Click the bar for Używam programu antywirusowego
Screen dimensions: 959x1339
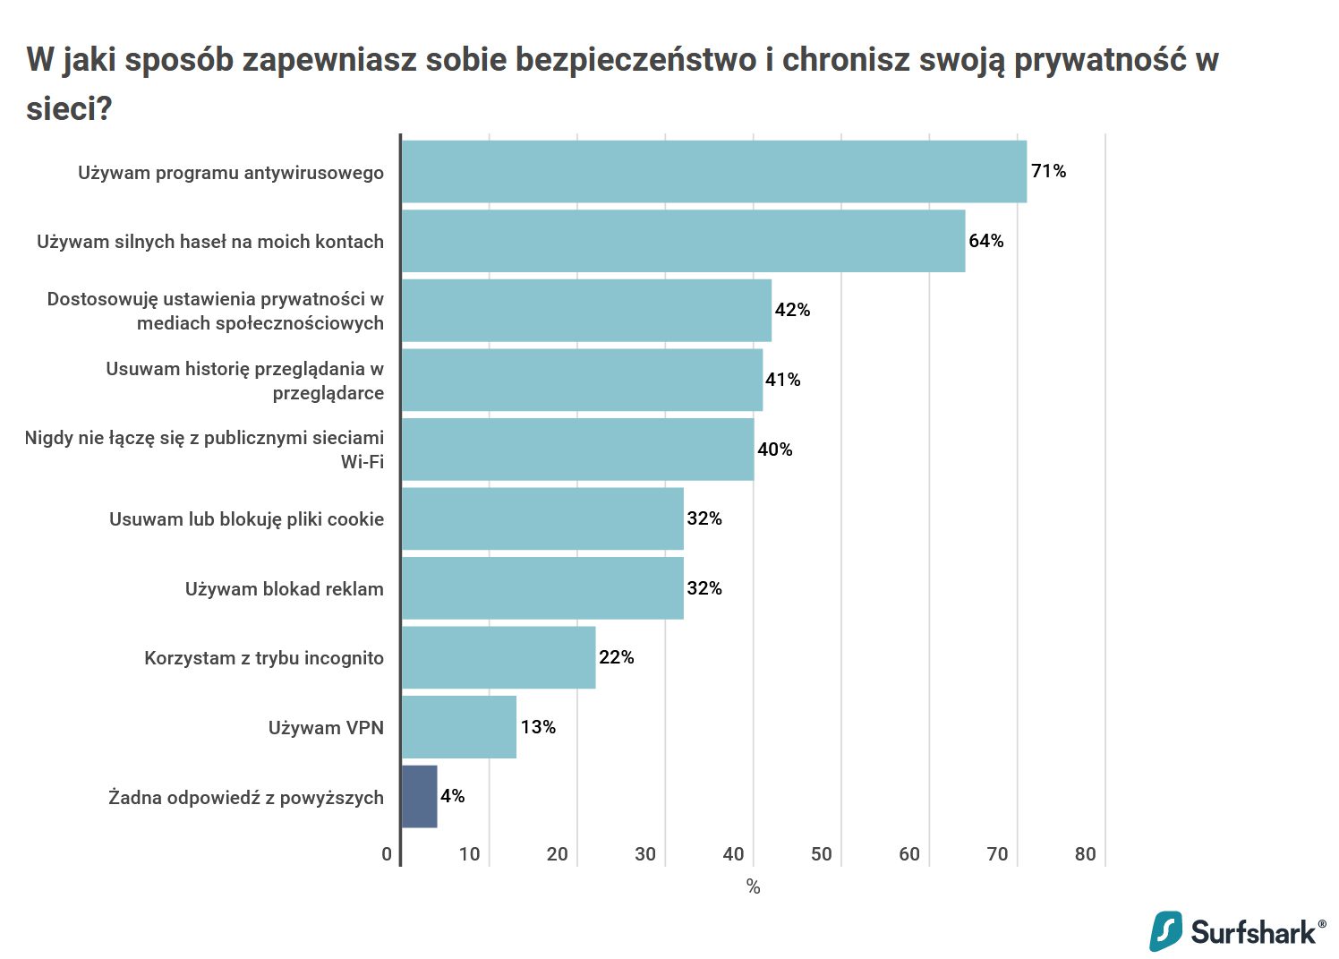(x=713, y=172)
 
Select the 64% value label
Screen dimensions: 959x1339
(x=985, y=241)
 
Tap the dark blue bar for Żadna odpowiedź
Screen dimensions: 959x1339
(x=419, y=796)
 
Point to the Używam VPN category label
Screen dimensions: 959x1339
(x=326, y=727)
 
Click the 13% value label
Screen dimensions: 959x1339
(x=538, y=727)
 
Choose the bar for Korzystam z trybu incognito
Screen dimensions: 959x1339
(x=498, y=657)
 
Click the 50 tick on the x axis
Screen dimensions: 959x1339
(x=821, y=854)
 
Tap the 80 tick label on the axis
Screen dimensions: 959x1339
(x=1085, y=854)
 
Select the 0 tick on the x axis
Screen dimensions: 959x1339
(x=387, y=854)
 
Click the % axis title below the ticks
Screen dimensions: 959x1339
(x=753, y=886)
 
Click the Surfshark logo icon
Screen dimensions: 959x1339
(x=1165, y=931)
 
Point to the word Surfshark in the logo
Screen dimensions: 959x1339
(x=1253, y=932)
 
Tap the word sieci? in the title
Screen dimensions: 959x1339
(x=69, y=108)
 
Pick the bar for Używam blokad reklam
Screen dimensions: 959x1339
(x=542, y=588)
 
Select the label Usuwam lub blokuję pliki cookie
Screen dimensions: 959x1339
(x=246, y=519)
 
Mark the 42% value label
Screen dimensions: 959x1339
(x=792, y=310)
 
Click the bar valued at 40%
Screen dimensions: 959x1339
(x=577, y=450)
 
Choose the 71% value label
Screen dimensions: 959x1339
(x=1048, y=171)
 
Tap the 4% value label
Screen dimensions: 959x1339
(x=452, y=796)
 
